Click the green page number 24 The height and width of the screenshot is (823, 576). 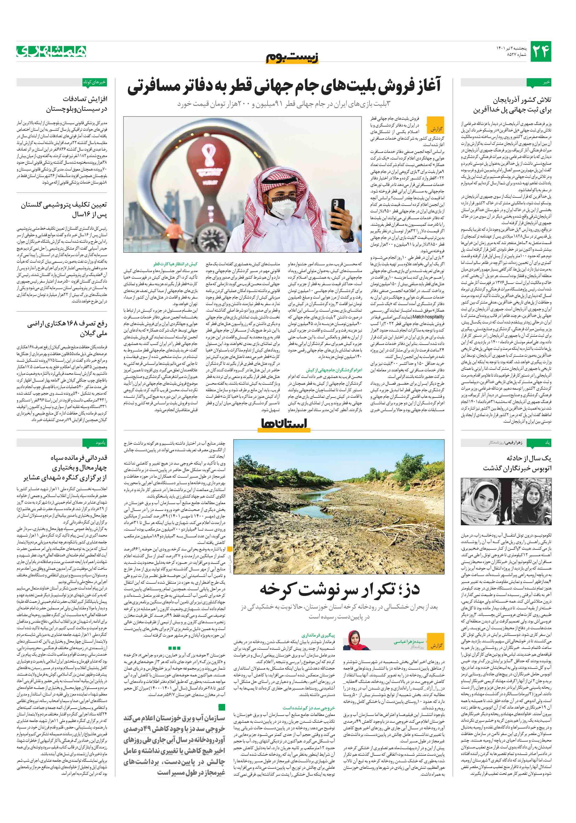540,52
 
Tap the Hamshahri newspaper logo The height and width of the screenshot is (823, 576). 51,51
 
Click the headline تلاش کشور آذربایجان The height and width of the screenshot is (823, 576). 522,100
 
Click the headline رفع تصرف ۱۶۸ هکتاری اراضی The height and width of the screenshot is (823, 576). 67,324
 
